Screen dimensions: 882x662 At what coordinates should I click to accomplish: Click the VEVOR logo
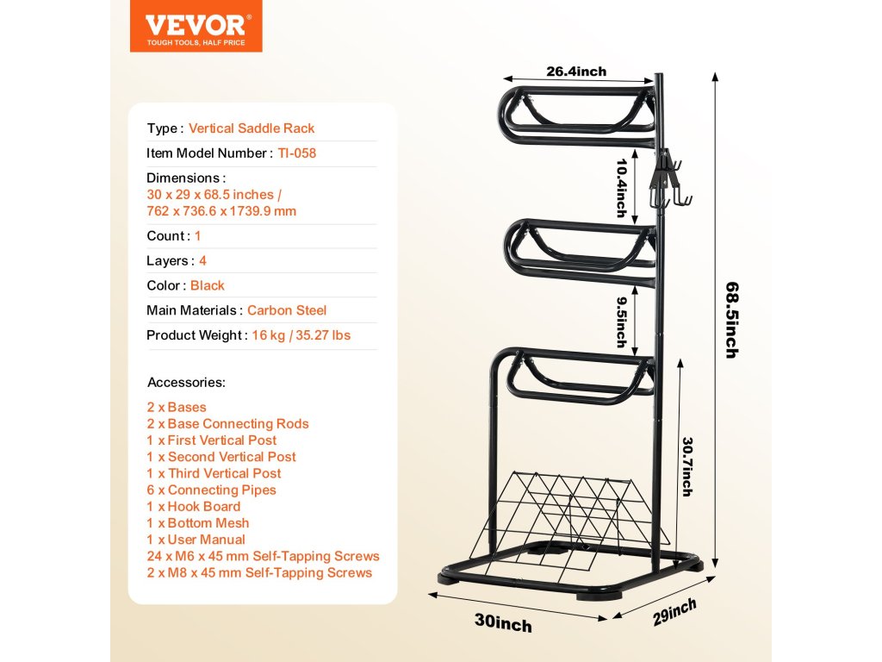[x=196, y=26]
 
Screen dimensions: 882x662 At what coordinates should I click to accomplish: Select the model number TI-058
[x=297, y=153]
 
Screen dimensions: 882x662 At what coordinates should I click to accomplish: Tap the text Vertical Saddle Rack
[x=252, y=128]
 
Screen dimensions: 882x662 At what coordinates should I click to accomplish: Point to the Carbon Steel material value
[x=287, y=310]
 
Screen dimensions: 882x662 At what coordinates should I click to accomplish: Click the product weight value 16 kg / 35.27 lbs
[x=301, y=335]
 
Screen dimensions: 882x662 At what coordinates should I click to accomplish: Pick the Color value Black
[x=208, y=285]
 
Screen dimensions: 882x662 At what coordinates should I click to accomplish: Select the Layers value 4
[x=202, y=260]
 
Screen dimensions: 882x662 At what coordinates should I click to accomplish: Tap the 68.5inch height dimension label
[x=731, y=319]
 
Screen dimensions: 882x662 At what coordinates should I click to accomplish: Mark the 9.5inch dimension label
[x=621, y=322]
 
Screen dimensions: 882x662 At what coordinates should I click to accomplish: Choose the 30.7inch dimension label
[x=686, y=465]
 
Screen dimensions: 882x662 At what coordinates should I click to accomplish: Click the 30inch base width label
[x=503, y=621]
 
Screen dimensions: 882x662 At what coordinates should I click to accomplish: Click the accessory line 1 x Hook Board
[x=194, y=507]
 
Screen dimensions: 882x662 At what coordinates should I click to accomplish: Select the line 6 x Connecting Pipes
[x=212, y=490]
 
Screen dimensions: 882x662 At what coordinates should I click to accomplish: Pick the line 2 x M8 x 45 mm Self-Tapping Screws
[x=260, y=572]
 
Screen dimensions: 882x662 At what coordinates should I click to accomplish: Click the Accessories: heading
[x=186, y=382]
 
